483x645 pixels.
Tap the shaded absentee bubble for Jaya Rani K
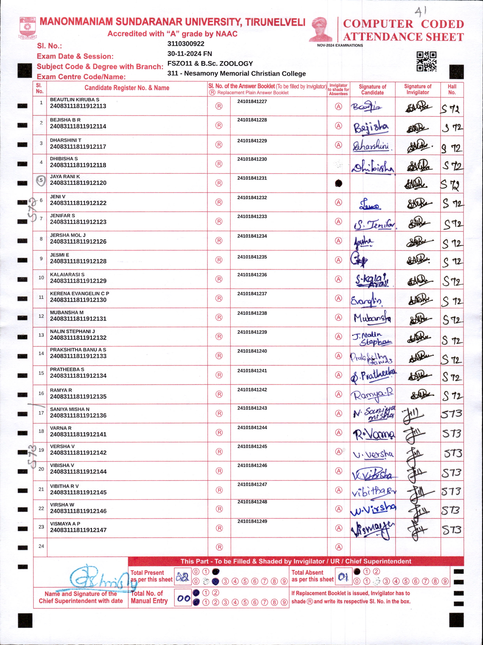point(338,183)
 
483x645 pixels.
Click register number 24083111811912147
point(78,530)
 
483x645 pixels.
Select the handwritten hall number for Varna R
point(451,434)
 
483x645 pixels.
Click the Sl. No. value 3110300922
point(186,44)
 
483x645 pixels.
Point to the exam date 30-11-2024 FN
point(189,54)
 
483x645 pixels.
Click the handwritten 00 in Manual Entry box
point(183,598)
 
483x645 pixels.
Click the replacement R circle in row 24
point(219,547)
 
